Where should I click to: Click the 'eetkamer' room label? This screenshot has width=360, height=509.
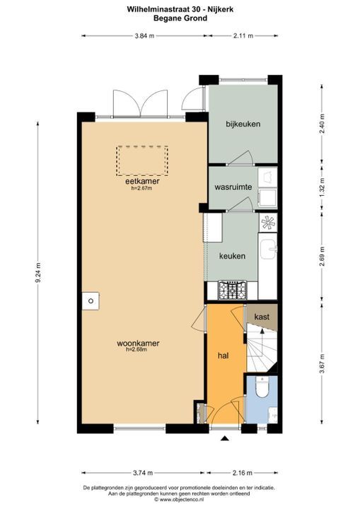click(142, 181)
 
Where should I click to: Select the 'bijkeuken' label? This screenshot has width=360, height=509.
click(243, 124)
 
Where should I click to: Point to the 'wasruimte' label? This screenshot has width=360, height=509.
click(233, 187)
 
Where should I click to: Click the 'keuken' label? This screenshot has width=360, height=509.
click(232, 256)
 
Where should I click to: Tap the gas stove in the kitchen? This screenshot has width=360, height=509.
click(231, 290)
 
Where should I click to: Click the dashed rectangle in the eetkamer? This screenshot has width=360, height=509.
click(142, 160)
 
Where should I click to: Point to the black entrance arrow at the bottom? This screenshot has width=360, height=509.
click(225, 440)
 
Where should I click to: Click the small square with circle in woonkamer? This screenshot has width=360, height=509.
click(90, 300)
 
